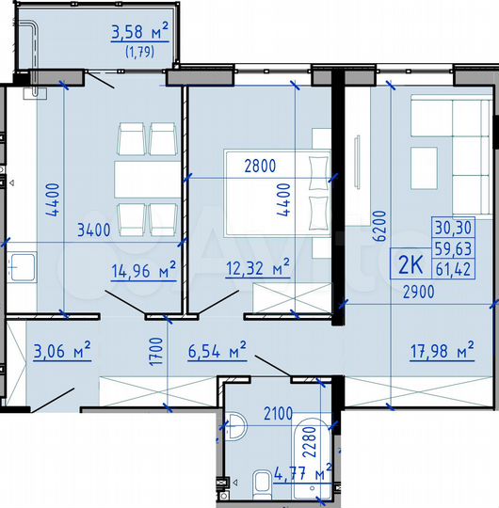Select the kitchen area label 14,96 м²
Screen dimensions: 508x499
pyautogui.click(x=143, y=272)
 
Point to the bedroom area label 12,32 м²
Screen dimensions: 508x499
pyautogui.click(x=256, y=270)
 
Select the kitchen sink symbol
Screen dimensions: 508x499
pyautogui.click(x=20, y=267)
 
